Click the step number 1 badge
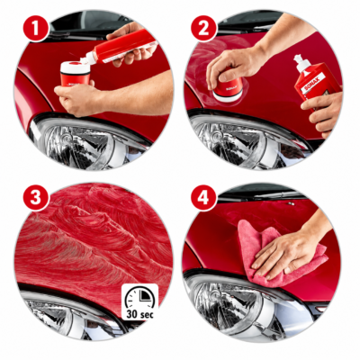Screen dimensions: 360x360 36,28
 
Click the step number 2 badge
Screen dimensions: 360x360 203,28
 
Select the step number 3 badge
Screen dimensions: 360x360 36,198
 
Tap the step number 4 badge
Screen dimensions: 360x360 203,198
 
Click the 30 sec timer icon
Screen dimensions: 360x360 139,301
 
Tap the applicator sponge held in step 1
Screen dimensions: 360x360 75,73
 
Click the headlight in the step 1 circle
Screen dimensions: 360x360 90,144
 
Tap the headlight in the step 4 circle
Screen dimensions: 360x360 246,306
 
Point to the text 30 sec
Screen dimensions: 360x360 139,314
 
